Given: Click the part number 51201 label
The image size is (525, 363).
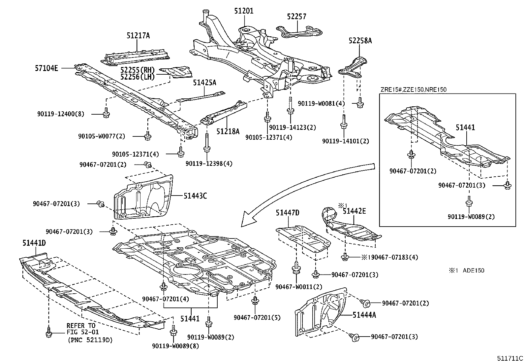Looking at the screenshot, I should (x=244, y=11).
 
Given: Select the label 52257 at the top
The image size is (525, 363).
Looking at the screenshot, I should (x=296, y=17).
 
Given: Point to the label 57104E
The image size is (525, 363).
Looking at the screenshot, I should (x=46, y=68).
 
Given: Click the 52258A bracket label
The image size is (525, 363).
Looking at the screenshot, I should (x=360, y=41).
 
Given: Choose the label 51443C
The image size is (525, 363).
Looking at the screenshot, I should (x=195, y=196).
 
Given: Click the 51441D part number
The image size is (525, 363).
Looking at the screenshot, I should (x=34, y=243).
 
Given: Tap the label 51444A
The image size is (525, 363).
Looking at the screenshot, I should (x=364, y=315).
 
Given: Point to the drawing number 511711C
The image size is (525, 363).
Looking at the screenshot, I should (x=510, y=358).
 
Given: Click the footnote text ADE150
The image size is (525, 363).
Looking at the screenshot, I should (x=474, y=271).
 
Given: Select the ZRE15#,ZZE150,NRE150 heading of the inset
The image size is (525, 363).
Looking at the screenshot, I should (x=413, y=90).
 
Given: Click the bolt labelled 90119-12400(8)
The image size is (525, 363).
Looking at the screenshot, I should (x=106, y=114).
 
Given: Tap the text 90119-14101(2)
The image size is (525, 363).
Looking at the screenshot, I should (x=346, y=141).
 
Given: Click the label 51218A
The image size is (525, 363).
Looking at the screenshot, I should (x=228, y=131).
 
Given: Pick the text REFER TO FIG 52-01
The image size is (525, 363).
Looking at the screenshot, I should (x=82, y=329).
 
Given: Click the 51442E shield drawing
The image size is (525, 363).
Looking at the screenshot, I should (x=350, y=228).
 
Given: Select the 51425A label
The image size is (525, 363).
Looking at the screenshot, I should (x=204, y=83).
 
